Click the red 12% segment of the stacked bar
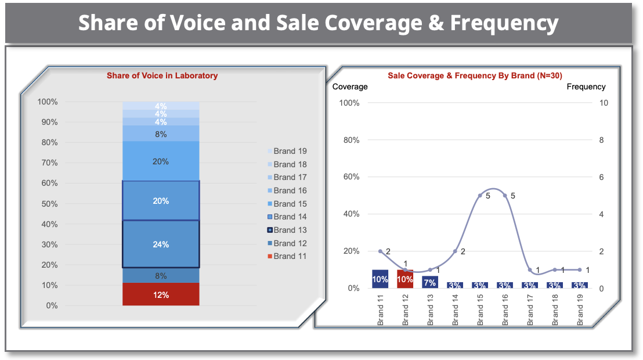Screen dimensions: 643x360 tap(161, 294)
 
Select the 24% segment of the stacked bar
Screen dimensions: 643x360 tap(161, 244)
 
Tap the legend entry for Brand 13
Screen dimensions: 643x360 tap(287, 230)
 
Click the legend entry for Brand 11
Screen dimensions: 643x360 tap(287, 256)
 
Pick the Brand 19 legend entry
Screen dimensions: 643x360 tap(287, 151)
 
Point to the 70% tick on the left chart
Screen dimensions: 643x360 tap(50, 163)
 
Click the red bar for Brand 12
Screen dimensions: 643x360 tap(405, 279)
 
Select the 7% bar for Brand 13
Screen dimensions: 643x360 tap(430, 282)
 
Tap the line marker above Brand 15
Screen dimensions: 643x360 tap(480, 196)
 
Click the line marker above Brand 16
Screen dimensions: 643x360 tap(505, 196)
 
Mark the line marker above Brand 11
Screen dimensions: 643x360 tap(380, 251)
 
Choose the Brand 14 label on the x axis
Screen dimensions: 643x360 tap(455, 309)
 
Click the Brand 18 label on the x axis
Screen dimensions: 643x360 tap(555, 309)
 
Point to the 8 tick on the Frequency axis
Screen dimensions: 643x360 tap(601, 140)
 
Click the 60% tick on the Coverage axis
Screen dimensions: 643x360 tap(352, 177)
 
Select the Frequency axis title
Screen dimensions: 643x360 tap(586, 87)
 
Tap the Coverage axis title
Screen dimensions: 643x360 tap(350, 87)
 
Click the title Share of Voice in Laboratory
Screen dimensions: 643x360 tap(162, 75)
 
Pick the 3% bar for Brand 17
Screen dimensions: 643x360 tap(530, 285)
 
